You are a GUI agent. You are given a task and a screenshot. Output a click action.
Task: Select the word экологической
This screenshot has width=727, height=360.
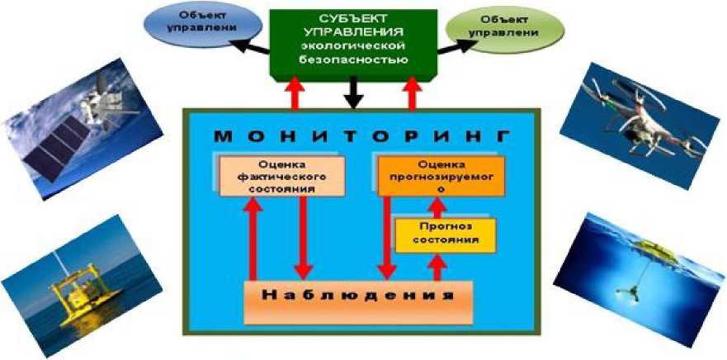pos(356,45)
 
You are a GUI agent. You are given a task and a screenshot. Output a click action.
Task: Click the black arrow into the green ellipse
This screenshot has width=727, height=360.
pos(450,48)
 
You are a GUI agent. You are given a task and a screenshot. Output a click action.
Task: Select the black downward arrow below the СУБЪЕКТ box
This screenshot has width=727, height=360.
pos(354,93)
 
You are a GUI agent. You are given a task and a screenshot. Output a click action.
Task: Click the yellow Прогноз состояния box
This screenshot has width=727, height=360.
pos(445,234)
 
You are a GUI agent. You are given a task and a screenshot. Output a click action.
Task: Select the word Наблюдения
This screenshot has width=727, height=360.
pos(357,295)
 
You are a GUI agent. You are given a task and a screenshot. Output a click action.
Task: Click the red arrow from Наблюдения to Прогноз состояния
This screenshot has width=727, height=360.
pos(438,267)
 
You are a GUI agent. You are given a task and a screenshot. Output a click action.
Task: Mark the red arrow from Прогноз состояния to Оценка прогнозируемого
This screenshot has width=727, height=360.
pos(438,207)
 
